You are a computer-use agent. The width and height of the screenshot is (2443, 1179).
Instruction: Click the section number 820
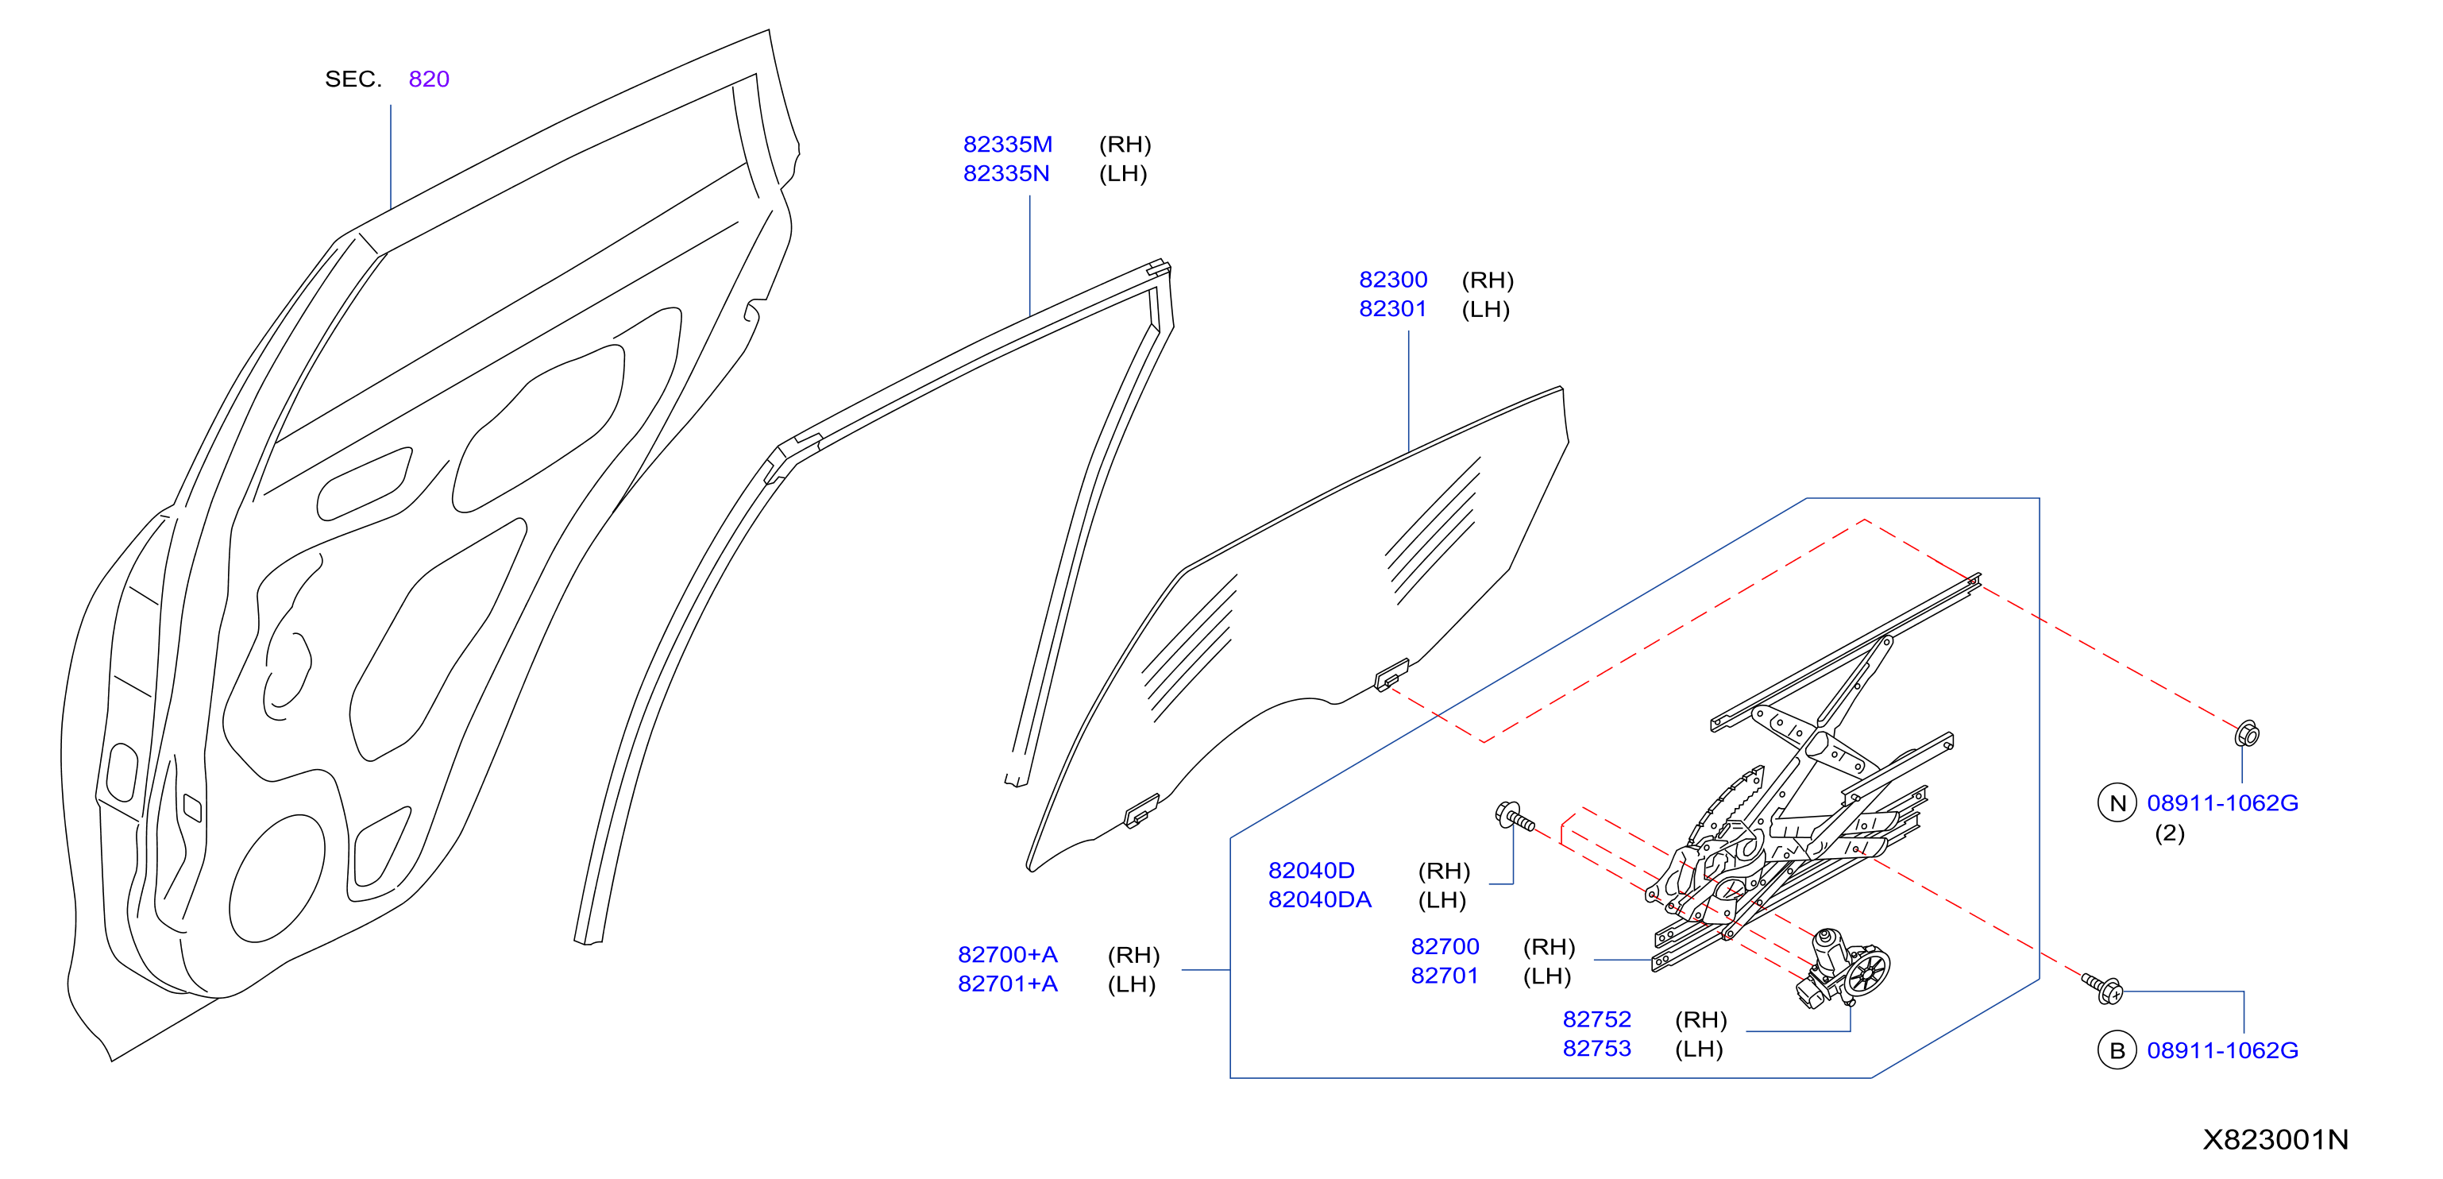429,79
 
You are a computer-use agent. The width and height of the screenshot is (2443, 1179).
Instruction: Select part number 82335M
1007,144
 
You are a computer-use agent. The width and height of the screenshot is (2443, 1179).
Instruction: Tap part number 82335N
1006,173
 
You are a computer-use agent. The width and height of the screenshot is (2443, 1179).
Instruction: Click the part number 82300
1392,280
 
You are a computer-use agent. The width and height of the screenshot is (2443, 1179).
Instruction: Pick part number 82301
1392,309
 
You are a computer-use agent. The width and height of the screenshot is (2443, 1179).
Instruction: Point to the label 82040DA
1319,899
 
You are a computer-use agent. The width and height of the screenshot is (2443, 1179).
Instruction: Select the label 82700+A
1007,954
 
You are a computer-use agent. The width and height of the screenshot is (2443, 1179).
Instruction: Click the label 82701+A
1007,984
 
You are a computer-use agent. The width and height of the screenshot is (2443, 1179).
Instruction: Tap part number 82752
1596,1019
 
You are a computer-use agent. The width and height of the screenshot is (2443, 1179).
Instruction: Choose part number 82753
1596,1049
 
